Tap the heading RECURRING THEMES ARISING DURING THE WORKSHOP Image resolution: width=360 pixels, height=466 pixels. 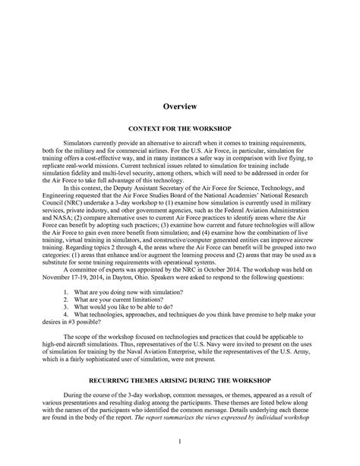[179, 378]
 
